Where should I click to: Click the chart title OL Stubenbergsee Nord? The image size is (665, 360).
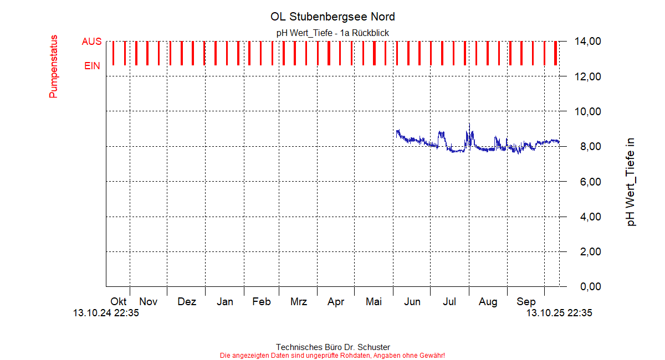point(332,17)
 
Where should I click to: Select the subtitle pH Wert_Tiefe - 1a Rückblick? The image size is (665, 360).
point(332,33)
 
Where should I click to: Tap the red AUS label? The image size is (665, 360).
point(91,42)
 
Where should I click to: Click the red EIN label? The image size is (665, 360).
point(92,66)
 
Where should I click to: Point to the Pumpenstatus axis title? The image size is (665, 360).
point(53,66)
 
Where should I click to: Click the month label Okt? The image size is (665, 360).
point(118,302)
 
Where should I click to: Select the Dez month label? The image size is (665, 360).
point(187,302)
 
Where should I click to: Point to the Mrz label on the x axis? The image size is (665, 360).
point(299,302)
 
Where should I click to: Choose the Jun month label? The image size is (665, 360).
point(412,302)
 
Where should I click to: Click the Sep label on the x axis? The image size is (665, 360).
point(526,302)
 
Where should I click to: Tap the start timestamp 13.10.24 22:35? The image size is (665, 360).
point(106,313)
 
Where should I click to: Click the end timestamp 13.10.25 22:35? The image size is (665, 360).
point(559,313)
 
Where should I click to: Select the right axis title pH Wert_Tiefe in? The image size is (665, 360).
point(631,182)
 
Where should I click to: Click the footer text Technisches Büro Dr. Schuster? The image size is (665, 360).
point(332,347)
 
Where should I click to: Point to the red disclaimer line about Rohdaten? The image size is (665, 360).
point(332,356)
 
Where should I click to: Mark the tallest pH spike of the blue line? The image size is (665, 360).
point(469,125)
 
